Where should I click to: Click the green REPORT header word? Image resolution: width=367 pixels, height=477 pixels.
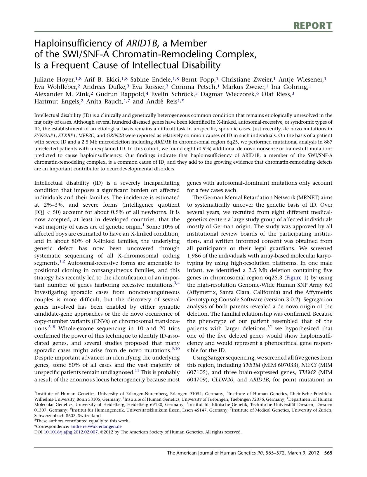click(313, 26)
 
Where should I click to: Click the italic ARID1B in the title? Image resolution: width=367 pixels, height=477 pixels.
click(142, 43)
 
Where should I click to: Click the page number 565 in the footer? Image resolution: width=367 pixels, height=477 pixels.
click(328, 453)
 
